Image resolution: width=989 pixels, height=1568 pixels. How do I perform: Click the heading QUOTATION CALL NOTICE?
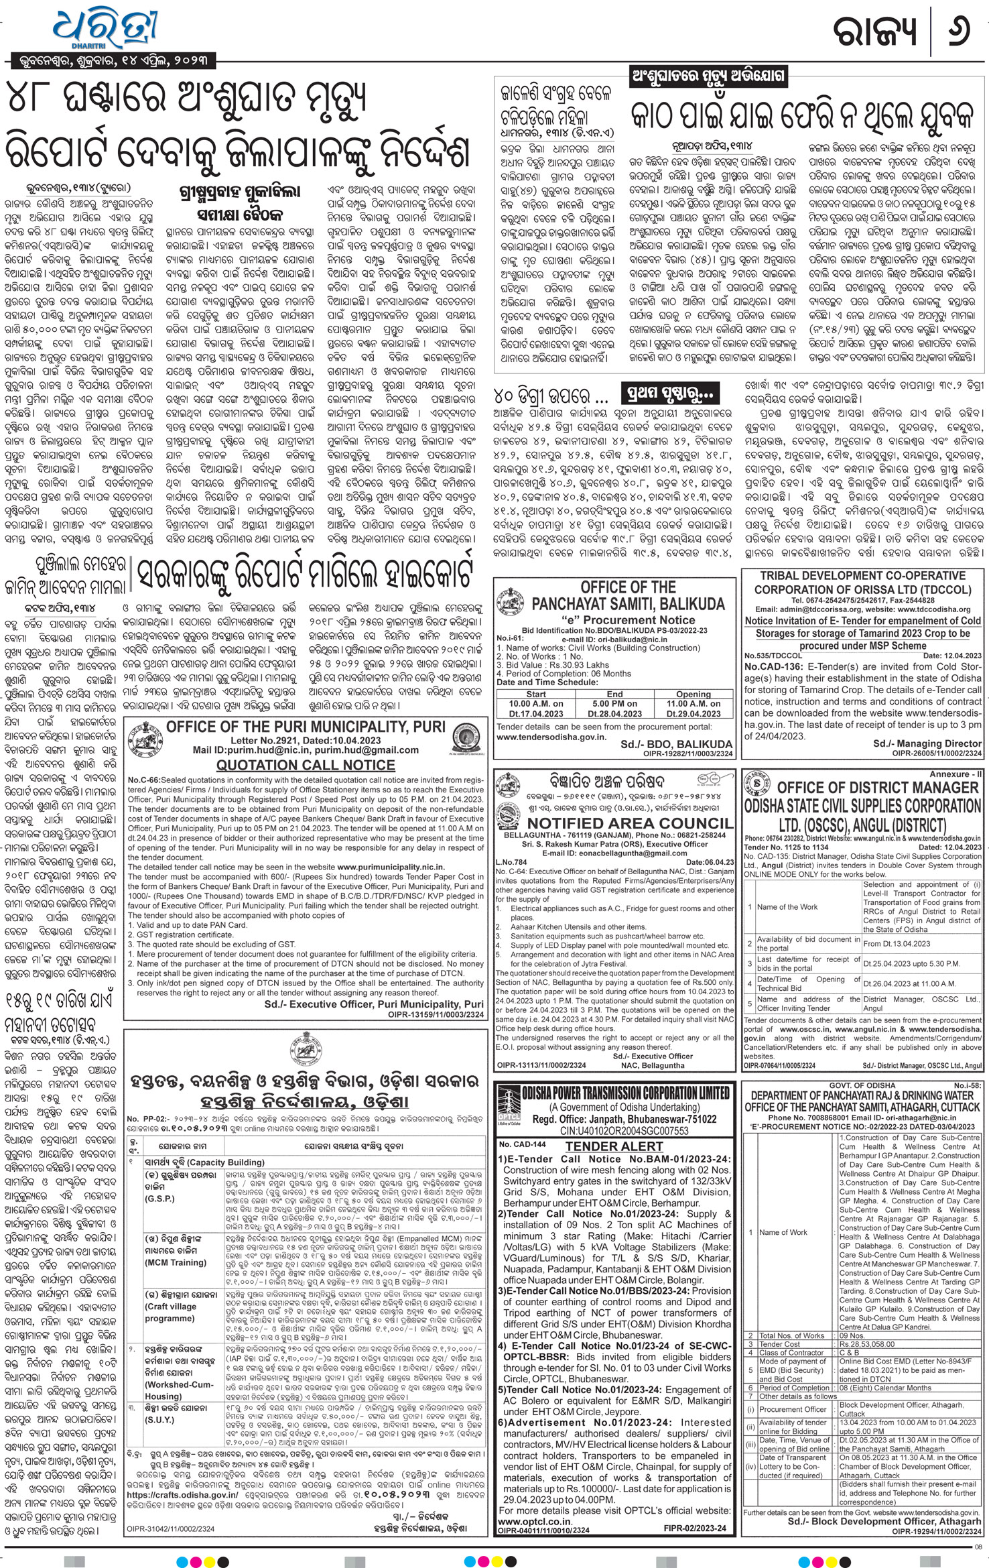306,765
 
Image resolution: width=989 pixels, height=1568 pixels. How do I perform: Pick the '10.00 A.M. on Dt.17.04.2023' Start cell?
536,709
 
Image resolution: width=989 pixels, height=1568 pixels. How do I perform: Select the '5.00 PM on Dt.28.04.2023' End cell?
614,709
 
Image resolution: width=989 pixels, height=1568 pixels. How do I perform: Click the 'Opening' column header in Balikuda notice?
693,694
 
